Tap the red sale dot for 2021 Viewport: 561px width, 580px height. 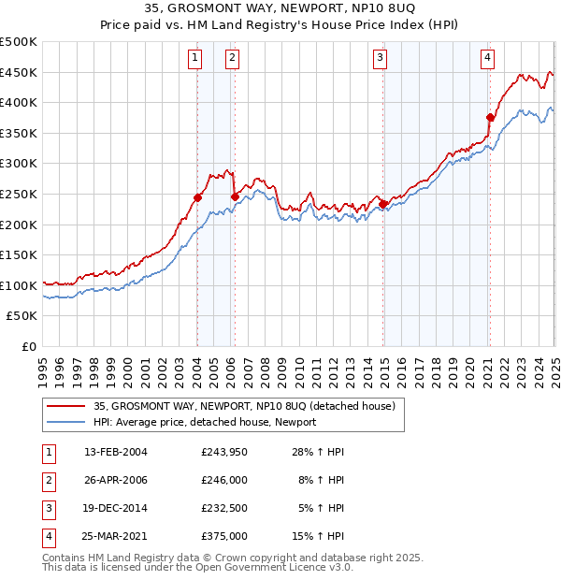click(490, 117)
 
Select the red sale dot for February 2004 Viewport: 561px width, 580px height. click(198, 197)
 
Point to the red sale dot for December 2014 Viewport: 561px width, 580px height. click(383, 204)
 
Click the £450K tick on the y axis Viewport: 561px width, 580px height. click(19, 72)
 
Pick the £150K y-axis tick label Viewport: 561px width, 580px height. click(19, 254)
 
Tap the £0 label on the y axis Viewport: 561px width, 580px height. click(28, 346)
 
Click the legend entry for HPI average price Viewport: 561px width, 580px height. click(205, 422)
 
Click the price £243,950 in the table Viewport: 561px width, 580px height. click(224, 452)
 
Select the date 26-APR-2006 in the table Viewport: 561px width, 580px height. click(115, 480)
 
